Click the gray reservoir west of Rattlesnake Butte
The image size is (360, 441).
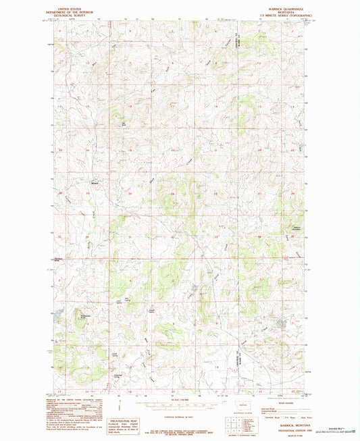coord(59,313)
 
